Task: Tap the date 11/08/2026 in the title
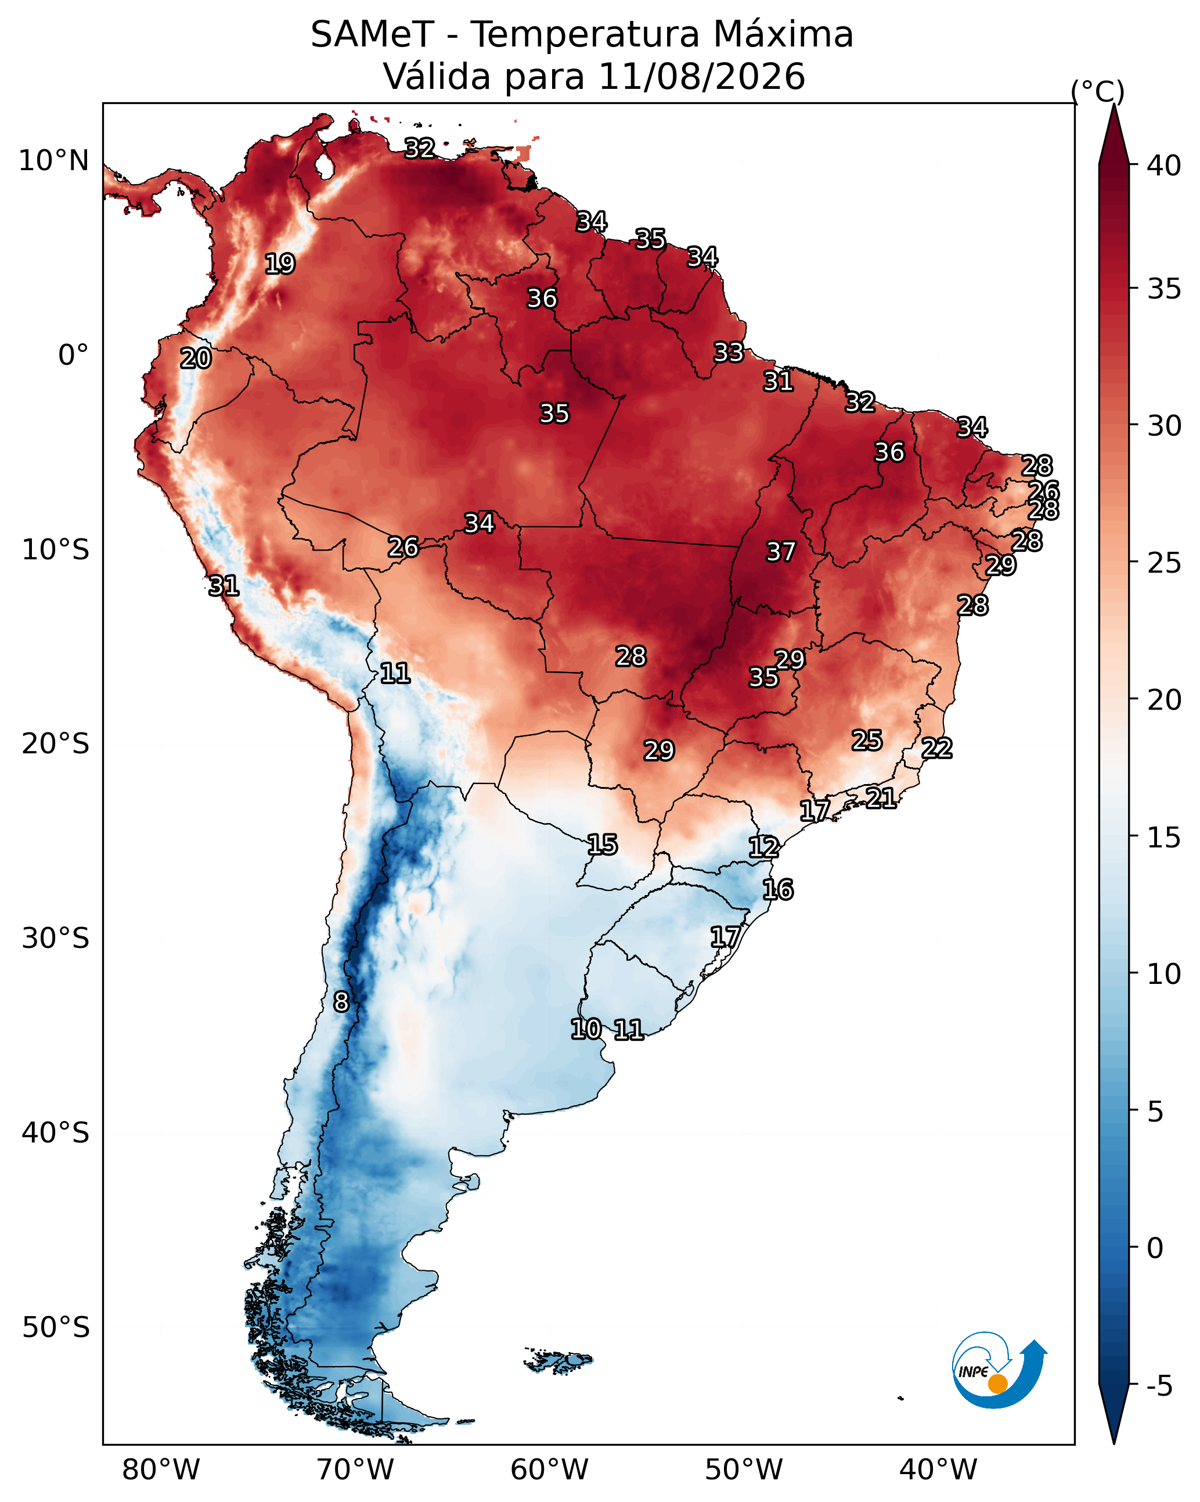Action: pyautogui.click(x=701, y=77)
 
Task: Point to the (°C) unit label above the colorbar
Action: pyautogui.click(x=1097, y=91)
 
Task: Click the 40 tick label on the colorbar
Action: pyautogui.click(x=1164, y=166)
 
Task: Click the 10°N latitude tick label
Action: pyautogui.click(x=53, y=161)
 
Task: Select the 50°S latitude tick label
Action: pyautogui.click(x=56, y=1328)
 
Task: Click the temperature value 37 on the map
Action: pyautogui.click(x=781, y=552)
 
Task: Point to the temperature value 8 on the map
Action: pyautogui.click(x=341, y=1002)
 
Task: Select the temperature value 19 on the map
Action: pyautogui.click(x=280, y=264)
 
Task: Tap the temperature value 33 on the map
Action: pyautogui.click(x=729, y=353)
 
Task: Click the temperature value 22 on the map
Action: pyautogui.click(x=937, y=748)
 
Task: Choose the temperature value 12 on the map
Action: pyautogui.click(x=764, y=847)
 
